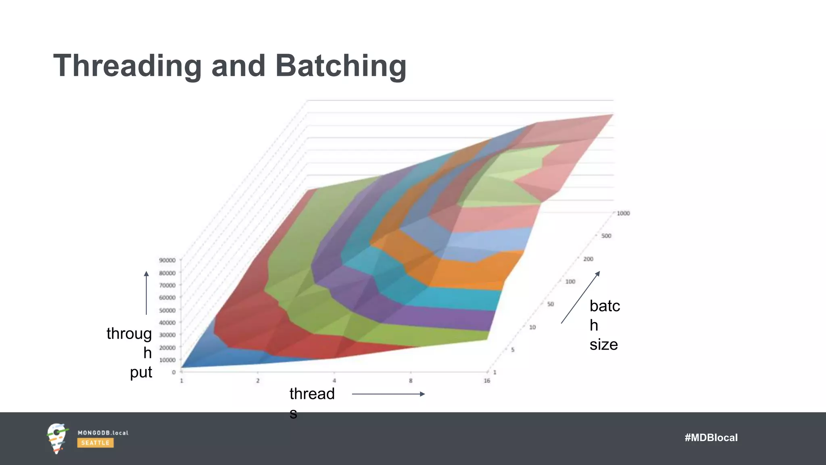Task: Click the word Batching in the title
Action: pos(341,66)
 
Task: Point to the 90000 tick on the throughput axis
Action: pos(167,260)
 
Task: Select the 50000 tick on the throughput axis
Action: pos(167,310)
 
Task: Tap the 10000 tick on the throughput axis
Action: pos(167,360)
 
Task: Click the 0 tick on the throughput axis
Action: pos(174,372)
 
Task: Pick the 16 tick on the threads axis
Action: pos(487,381)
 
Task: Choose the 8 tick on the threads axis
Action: pos(411,381)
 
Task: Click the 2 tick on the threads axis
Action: pos(258,381)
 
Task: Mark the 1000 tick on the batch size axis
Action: pos(623,213)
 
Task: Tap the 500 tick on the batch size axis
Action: pos(606,236)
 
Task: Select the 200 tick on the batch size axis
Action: pos(588,259)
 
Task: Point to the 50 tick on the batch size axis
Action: pos(551,304)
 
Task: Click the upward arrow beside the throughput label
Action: pos(146,293)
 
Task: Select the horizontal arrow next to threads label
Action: pos(388,394)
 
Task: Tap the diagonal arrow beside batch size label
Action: pos(580,297)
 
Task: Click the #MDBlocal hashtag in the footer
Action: pos(711,438)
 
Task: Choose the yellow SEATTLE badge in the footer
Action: pos(95,443)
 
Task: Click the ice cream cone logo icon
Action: pos(56,438)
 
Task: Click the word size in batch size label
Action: pos(603,345)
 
